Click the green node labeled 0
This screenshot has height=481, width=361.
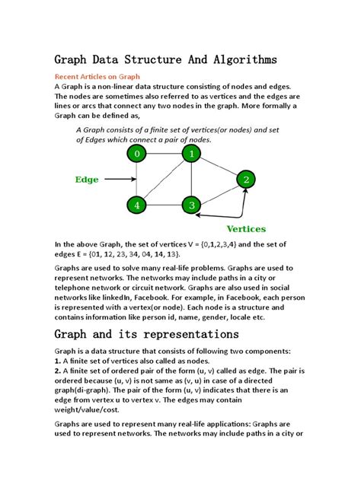(x=137, y=154)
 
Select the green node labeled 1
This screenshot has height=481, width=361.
(x=191, y=154)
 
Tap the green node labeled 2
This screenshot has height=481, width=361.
(x=245, y=180)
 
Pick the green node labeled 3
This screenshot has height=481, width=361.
(x=191, y=205)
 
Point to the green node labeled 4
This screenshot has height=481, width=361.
(x=137, y=205)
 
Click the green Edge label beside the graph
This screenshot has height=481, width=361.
(x=87, y=180)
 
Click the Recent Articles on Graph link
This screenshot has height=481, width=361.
(x=97, y=77)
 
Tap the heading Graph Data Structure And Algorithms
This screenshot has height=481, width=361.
(x=165, y=59)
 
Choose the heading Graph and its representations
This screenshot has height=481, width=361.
(x=146, y=334)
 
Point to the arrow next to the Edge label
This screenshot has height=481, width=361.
(x=119, y=180)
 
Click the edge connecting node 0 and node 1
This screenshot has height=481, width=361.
(x=164, y=154)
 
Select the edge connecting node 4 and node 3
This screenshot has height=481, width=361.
(x=164, y=205)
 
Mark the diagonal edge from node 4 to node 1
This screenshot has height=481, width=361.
(x=164, y=180)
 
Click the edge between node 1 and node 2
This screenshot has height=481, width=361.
(x=219, y=167)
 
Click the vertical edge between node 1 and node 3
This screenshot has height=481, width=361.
(x=191, y=180)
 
